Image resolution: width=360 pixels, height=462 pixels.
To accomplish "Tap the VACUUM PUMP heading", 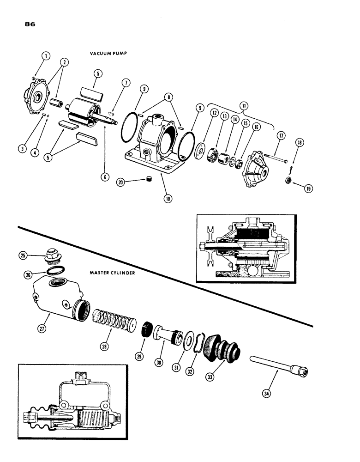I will click(x=108, y=54).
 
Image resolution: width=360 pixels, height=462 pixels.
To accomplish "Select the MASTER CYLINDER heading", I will click(x=112, y=273).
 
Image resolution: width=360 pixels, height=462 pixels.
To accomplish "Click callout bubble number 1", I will click(x=46, y=56).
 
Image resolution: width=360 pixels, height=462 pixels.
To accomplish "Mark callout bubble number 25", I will click(x=23, y=255).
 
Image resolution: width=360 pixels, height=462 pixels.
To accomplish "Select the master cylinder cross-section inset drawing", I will click(x=72, y=401).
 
